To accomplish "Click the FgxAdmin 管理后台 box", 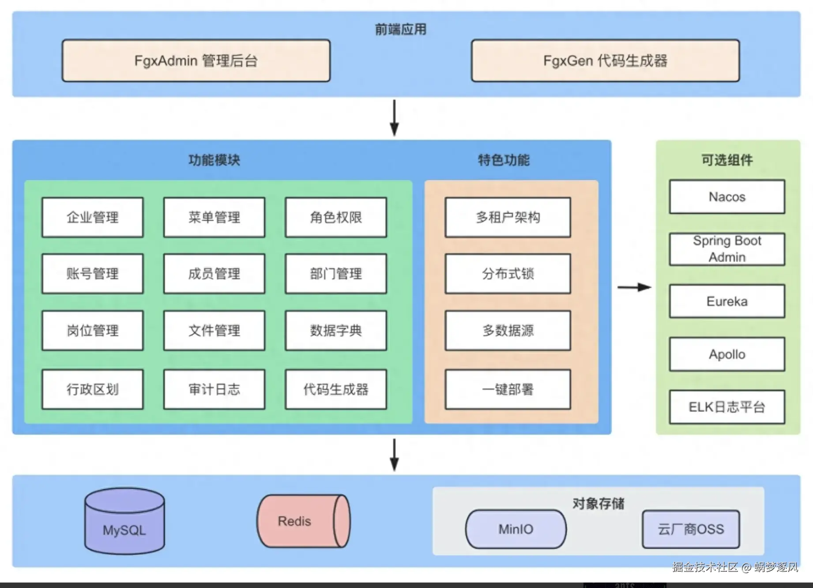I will click(196, 61).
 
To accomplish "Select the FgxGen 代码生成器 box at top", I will click(605, 61).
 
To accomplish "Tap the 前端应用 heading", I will click(400, 30).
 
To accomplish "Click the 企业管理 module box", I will click(93, 217).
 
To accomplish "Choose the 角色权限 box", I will click(336, 217).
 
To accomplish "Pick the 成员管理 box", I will click(214, 274).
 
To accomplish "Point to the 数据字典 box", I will click(336, 331).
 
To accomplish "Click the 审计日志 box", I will click(214, 389).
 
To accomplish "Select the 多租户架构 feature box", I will click(508, 217).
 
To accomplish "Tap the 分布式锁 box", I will click(508, 274).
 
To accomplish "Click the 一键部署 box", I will click(508, 389).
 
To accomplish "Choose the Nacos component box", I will click(727, 197).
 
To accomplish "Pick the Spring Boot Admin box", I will click(727, 249).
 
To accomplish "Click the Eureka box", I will click(727, 302).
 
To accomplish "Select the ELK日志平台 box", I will click(727, 407).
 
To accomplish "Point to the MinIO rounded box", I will click(516, 529).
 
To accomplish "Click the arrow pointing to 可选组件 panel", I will click(634, 287).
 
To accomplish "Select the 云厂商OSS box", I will click(691, 529).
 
